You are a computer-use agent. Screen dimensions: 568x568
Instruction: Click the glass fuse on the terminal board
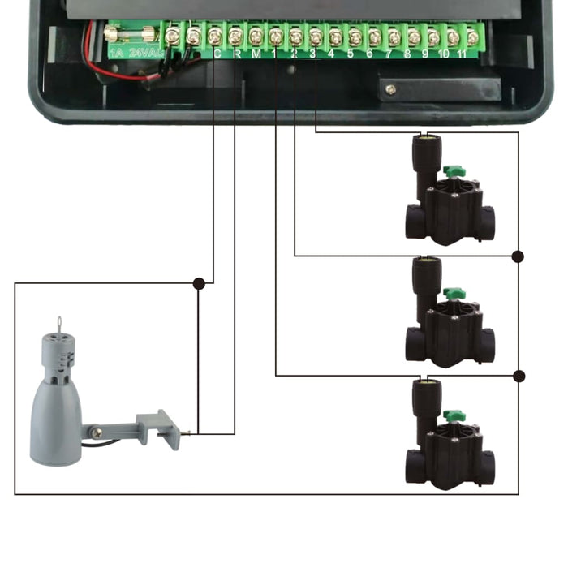point(131,35)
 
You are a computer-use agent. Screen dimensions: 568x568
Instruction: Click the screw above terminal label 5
point(355,37)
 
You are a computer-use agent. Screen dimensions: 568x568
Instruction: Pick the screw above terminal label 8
point(414,37)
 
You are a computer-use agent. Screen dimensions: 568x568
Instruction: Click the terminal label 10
point(444,54)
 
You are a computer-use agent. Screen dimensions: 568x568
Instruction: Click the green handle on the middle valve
point(453,292)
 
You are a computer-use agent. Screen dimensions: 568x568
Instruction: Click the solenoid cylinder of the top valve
point(424,162)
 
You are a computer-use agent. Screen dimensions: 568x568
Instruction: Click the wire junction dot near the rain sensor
point(199,283)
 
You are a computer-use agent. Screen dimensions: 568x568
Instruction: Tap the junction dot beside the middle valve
point(518,256)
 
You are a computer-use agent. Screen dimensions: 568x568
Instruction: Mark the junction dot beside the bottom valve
point(518,376)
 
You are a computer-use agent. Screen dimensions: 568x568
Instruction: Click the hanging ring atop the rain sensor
point(59,324)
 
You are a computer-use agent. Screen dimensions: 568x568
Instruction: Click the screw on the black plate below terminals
point(391,89)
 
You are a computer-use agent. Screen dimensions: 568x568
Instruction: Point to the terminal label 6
point(370,54)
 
